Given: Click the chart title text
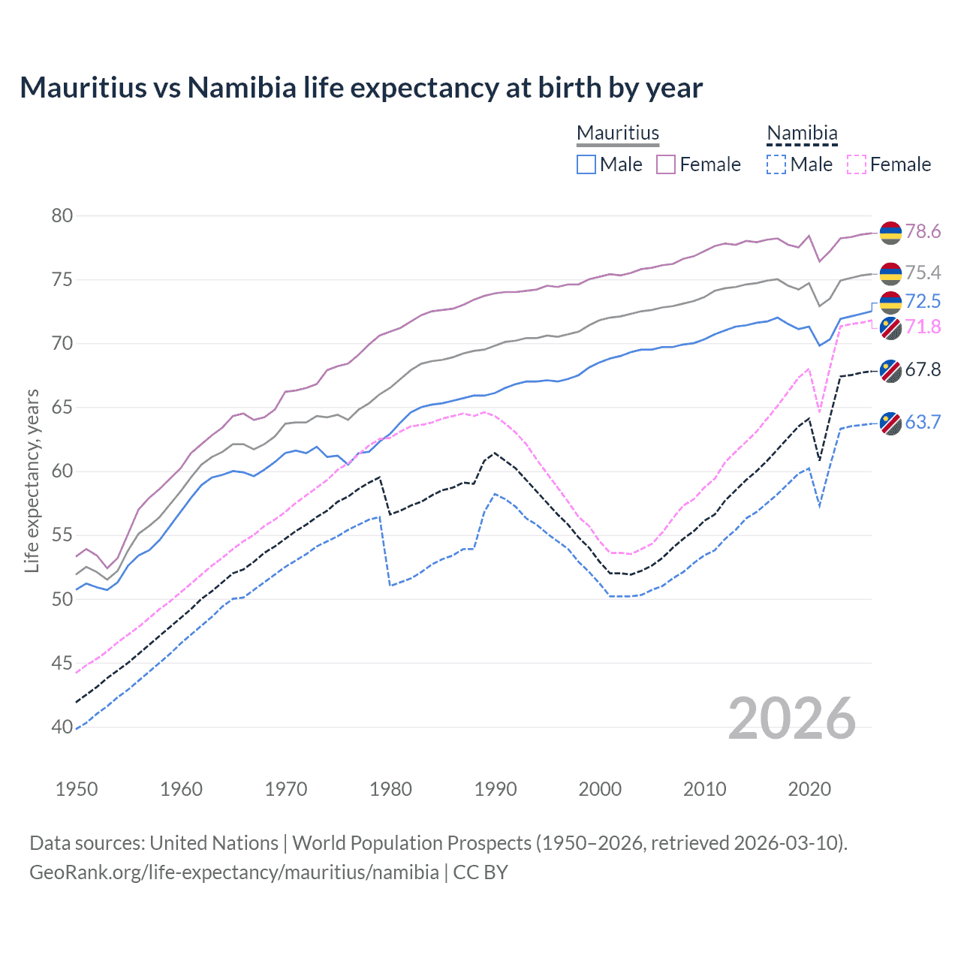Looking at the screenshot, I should click(361, 88).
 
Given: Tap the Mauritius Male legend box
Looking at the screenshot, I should click(586, 164).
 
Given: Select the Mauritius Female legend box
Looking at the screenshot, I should click(666, 164).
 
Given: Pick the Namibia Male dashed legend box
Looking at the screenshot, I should click(776, 164).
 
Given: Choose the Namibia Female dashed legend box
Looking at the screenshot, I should click(857, 164).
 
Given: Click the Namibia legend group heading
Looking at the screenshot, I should click(802, 133).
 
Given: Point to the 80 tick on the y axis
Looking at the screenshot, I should click(62, 216).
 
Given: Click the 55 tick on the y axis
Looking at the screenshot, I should click(62, 535).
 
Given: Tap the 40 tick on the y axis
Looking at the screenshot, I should click(62, 727).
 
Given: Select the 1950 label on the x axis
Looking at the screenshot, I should click(77, 789).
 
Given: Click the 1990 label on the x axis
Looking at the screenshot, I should click(496, 789).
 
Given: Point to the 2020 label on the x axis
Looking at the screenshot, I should click(809, 789).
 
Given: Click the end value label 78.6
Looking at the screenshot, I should click(923, 232).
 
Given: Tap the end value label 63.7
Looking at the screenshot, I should click(923, 423).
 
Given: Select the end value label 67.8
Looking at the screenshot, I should click(923, 369).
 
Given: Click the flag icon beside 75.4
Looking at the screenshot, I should click(890, 273).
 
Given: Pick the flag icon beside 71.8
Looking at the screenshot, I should click(890, 327).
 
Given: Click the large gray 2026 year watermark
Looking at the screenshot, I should click(792, 718).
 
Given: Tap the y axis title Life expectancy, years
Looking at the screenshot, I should click(32, 480).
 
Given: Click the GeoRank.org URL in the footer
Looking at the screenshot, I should click(234, 872).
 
